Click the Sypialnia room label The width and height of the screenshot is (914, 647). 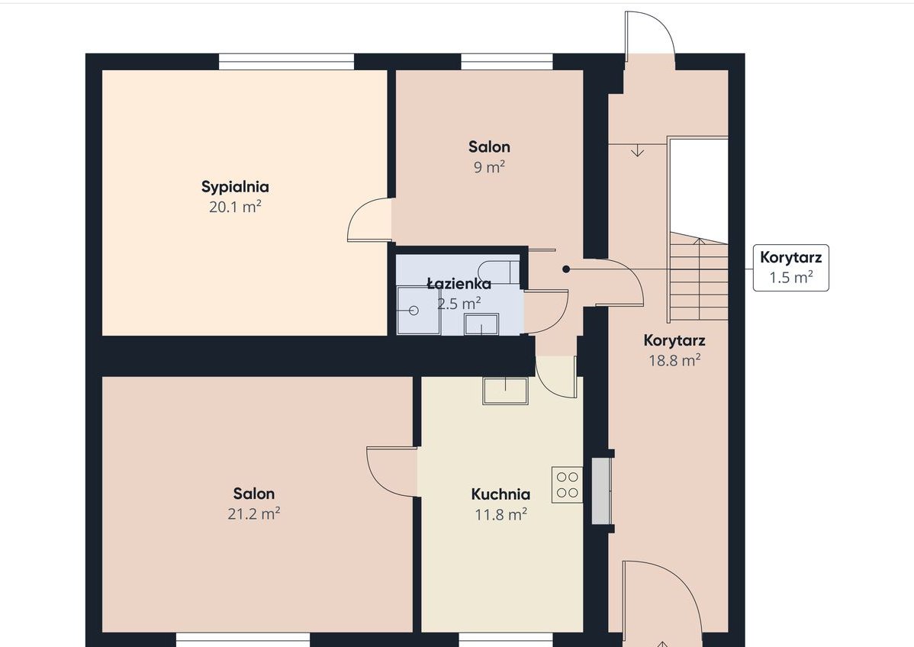point(235,187)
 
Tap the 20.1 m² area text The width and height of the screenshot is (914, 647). point(235,207)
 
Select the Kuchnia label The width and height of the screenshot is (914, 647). point(500,494)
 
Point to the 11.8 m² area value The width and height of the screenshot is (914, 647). point(500,515)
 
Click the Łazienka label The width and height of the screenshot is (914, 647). point(459,284)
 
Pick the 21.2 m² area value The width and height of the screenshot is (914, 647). point(253,513)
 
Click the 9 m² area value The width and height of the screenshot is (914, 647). point(489,167)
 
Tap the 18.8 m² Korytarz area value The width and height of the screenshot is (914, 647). point(674,360)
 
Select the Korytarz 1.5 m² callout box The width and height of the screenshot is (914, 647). point(791,268)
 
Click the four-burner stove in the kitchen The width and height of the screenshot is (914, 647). point(567,485)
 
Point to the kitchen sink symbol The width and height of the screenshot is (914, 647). point(505,391)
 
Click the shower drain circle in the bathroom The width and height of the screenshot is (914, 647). point(414,311)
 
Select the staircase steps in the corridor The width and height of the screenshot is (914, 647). point(698,276)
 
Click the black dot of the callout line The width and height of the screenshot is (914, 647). point(566,269)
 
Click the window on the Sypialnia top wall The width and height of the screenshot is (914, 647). point(286,61)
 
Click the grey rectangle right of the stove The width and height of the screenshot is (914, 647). point(601,491)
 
